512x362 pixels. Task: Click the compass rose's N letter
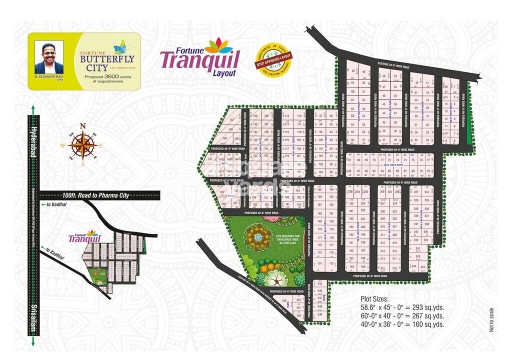83,126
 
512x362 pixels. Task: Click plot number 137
232,120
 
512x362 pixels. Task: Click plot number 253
284,300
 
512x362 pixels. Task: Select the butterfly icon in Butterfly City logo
119,47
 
